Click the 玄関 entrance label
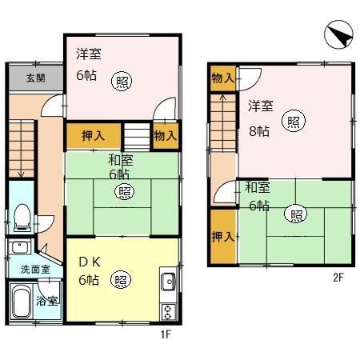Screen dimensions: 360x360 [x=34, y=78]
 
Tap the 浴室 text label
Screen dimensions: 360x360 [x=46, y=301]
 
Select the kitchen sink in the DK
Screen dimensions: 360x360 [x=168, y=282]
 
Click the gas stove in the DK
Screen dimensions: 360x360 [x=168, y=310]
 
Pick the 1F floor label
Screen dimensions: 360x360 [x=166, y=334]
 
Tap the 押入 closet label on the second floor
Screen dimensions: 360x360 [x=222, y=237]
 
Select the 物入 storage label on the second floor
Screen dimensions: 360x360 [x=222, y=78]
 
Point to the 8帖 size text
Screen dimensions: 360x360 [x=258, y=131]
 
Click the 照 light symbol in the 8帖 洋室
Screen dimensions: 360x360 [x=294, y=122]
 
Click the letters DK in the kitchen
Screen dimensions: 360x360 [x=87, y=262]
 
